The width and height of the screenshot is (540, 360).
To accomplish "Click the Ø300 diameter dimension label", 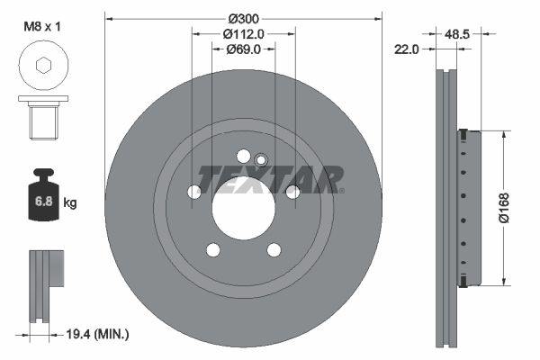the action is (x=244, y=19).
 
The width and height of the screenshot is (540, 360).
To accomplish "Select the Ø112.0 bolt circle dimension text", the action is (x=244, y=34).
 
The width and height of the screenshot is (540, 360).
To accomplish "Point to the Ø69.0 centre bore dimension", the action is (x=244, y=49).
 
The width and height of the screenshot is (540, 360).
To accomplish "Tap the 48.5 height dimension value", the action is (x=457, y=34).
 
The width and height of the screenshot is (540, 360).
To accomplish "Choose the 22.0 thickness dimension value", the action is (x=407, y=49).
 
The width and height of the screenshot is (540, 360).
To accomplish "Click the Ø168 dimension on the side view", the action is (x=505, y=208).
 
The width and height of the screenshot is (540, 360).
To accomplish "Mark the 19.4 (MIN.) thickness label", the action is (x=97, y=334).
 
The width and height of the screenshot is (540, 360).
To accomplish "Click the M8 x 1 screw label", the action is (x=42, y=26).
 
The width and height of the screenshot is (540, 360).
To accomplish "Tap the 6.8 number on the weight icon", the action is (x=44, y=202).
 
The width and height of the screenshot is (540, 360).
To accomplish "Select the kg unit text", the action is (x=70, y=202).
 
